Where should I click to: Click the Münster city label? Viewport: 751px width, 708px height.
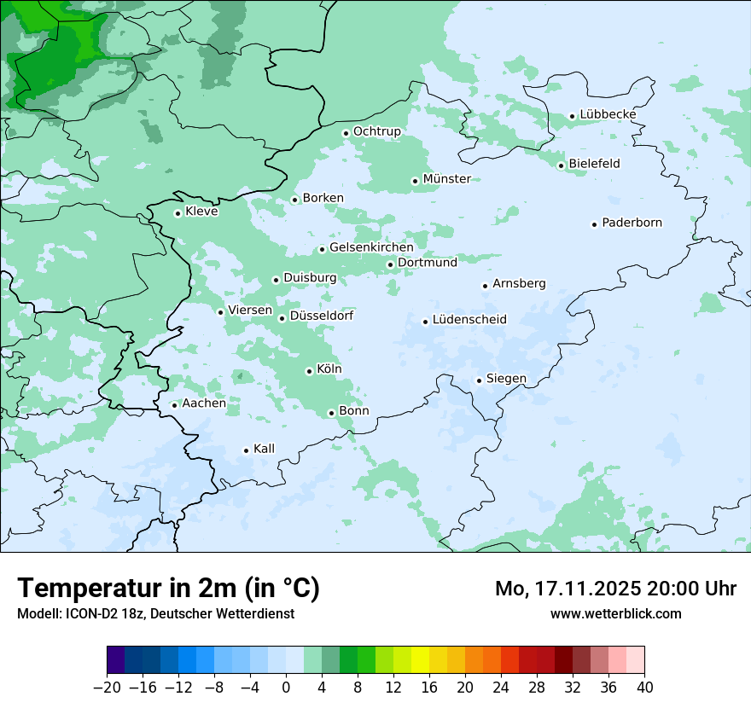446,179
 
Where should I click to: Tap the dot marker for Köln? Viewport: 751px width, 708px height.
309,371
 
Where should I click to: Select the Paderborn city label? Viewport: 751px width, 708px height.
632,223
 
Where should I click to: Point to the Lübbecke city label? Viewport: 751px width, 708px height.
608,114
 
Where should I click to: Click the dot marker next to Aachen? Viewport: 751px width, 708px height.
174,405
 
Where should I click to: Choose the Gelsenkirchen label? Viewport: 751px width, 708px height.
371,247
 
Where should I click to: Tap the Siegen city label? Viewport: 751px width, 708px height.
506,379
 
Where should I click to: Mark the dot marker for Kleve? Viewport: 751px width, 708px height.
178,213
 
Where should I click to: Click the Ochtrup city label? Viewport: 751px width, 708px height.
376,131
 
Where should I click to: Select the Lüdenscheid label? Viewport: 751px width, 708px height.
469,320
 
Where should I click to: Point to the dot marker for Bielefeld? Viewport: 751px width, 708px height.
561,165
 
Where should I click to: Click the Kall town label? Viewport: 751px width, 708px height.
264,449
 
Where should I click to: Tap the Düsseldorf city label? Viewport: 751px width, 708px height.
322,316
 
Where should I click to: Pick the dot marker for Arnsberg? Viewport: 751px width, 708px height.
485,286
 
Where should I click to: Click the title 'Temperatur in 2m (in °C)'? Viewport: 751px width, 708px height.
168,588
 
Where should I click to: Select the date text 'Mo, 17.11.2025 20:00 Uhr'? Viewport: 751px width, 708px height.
615,589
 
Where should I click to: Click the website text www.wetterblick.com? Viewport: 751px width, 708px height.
615,613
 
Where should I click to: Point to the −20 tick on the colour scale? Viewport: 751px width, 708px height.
107,688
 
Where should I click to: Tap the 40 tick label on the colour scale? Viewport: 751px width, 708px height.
644,688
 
